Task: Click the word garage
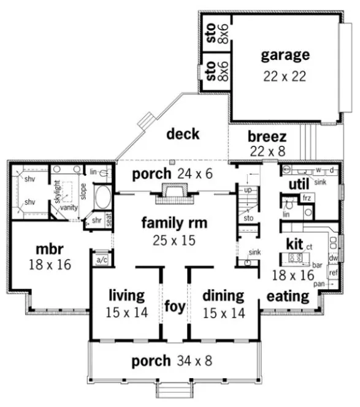click(285, 55)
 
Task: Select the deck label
click(183, 133)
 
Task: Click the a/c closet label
click(101, 259)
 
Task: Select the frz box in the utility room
click(305, 199)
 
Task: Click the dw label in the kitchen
click(334, 258)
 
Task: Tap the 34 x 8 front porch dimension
click(191, 361)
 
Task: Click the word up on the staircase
click(248, 191)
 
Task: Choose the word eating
click(287, 297)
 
